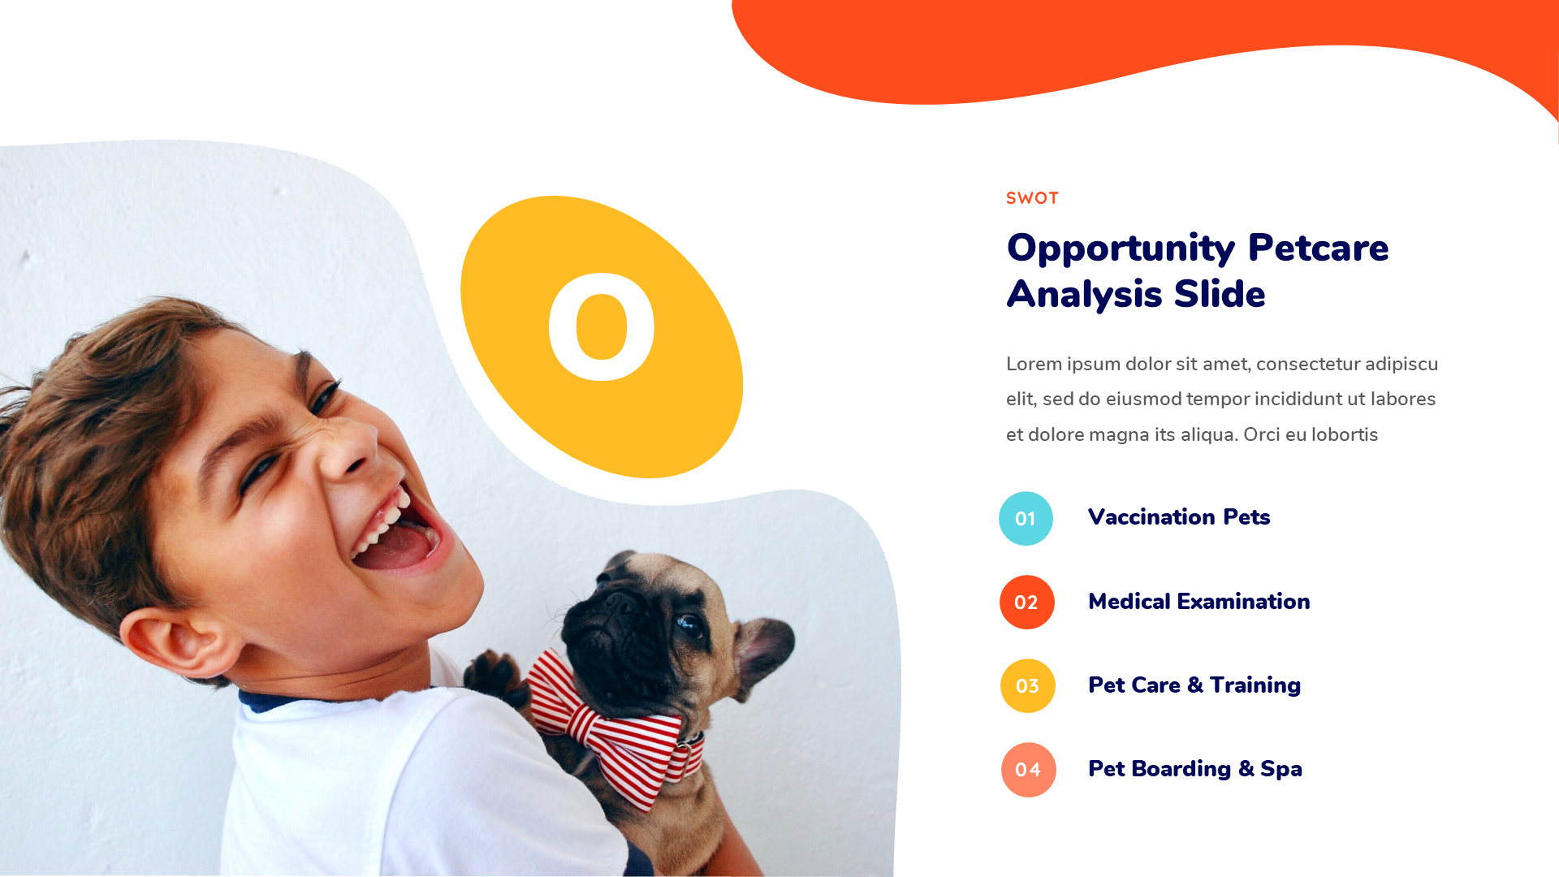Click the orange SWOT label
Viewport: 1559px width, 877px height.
point(1032,198)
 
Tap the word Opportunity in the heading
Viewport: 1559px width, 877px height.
point(1120,248)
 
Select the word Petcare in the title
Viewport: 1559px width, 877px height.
point(1318,248)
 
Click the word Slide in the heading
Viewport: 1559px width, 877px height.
point(1219,294)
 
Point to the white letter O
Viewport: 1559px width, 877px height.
point(602,326)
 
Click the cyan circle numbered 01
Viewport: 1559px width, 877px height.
point(1026,518)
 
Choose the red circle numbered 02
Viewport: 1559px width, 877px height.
point(1026,603)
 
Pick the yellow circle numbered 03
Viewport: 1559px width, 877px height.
point(1027,686)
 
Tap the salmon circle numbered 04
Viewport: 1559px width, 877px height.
point(1028,770)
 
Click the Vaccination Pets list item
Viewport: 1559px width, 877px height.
point(1178,517)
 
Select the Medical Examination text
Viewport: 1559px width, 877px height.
point(1198,602)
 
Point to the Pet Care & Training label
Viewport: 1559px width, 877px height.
point(1194,685)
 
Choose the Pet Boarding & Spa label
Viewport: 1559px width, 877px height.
point(1194,769)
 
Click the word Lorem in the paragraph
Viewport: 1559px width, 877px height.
point(1034,364)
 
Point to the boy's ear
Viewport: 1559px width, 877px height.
point(175,642)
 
